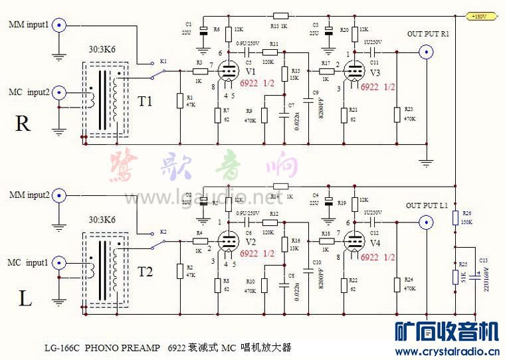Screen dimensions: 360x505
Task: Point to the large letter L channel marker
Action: [x=25, y=298]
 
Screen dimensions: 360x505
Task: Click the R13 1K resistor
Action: [x=280, y=16]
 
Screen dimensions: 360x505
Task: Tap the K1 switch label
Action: [x=163, y=60]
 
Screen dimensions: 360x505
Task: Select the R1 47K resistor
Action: [x=179, y=101]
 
